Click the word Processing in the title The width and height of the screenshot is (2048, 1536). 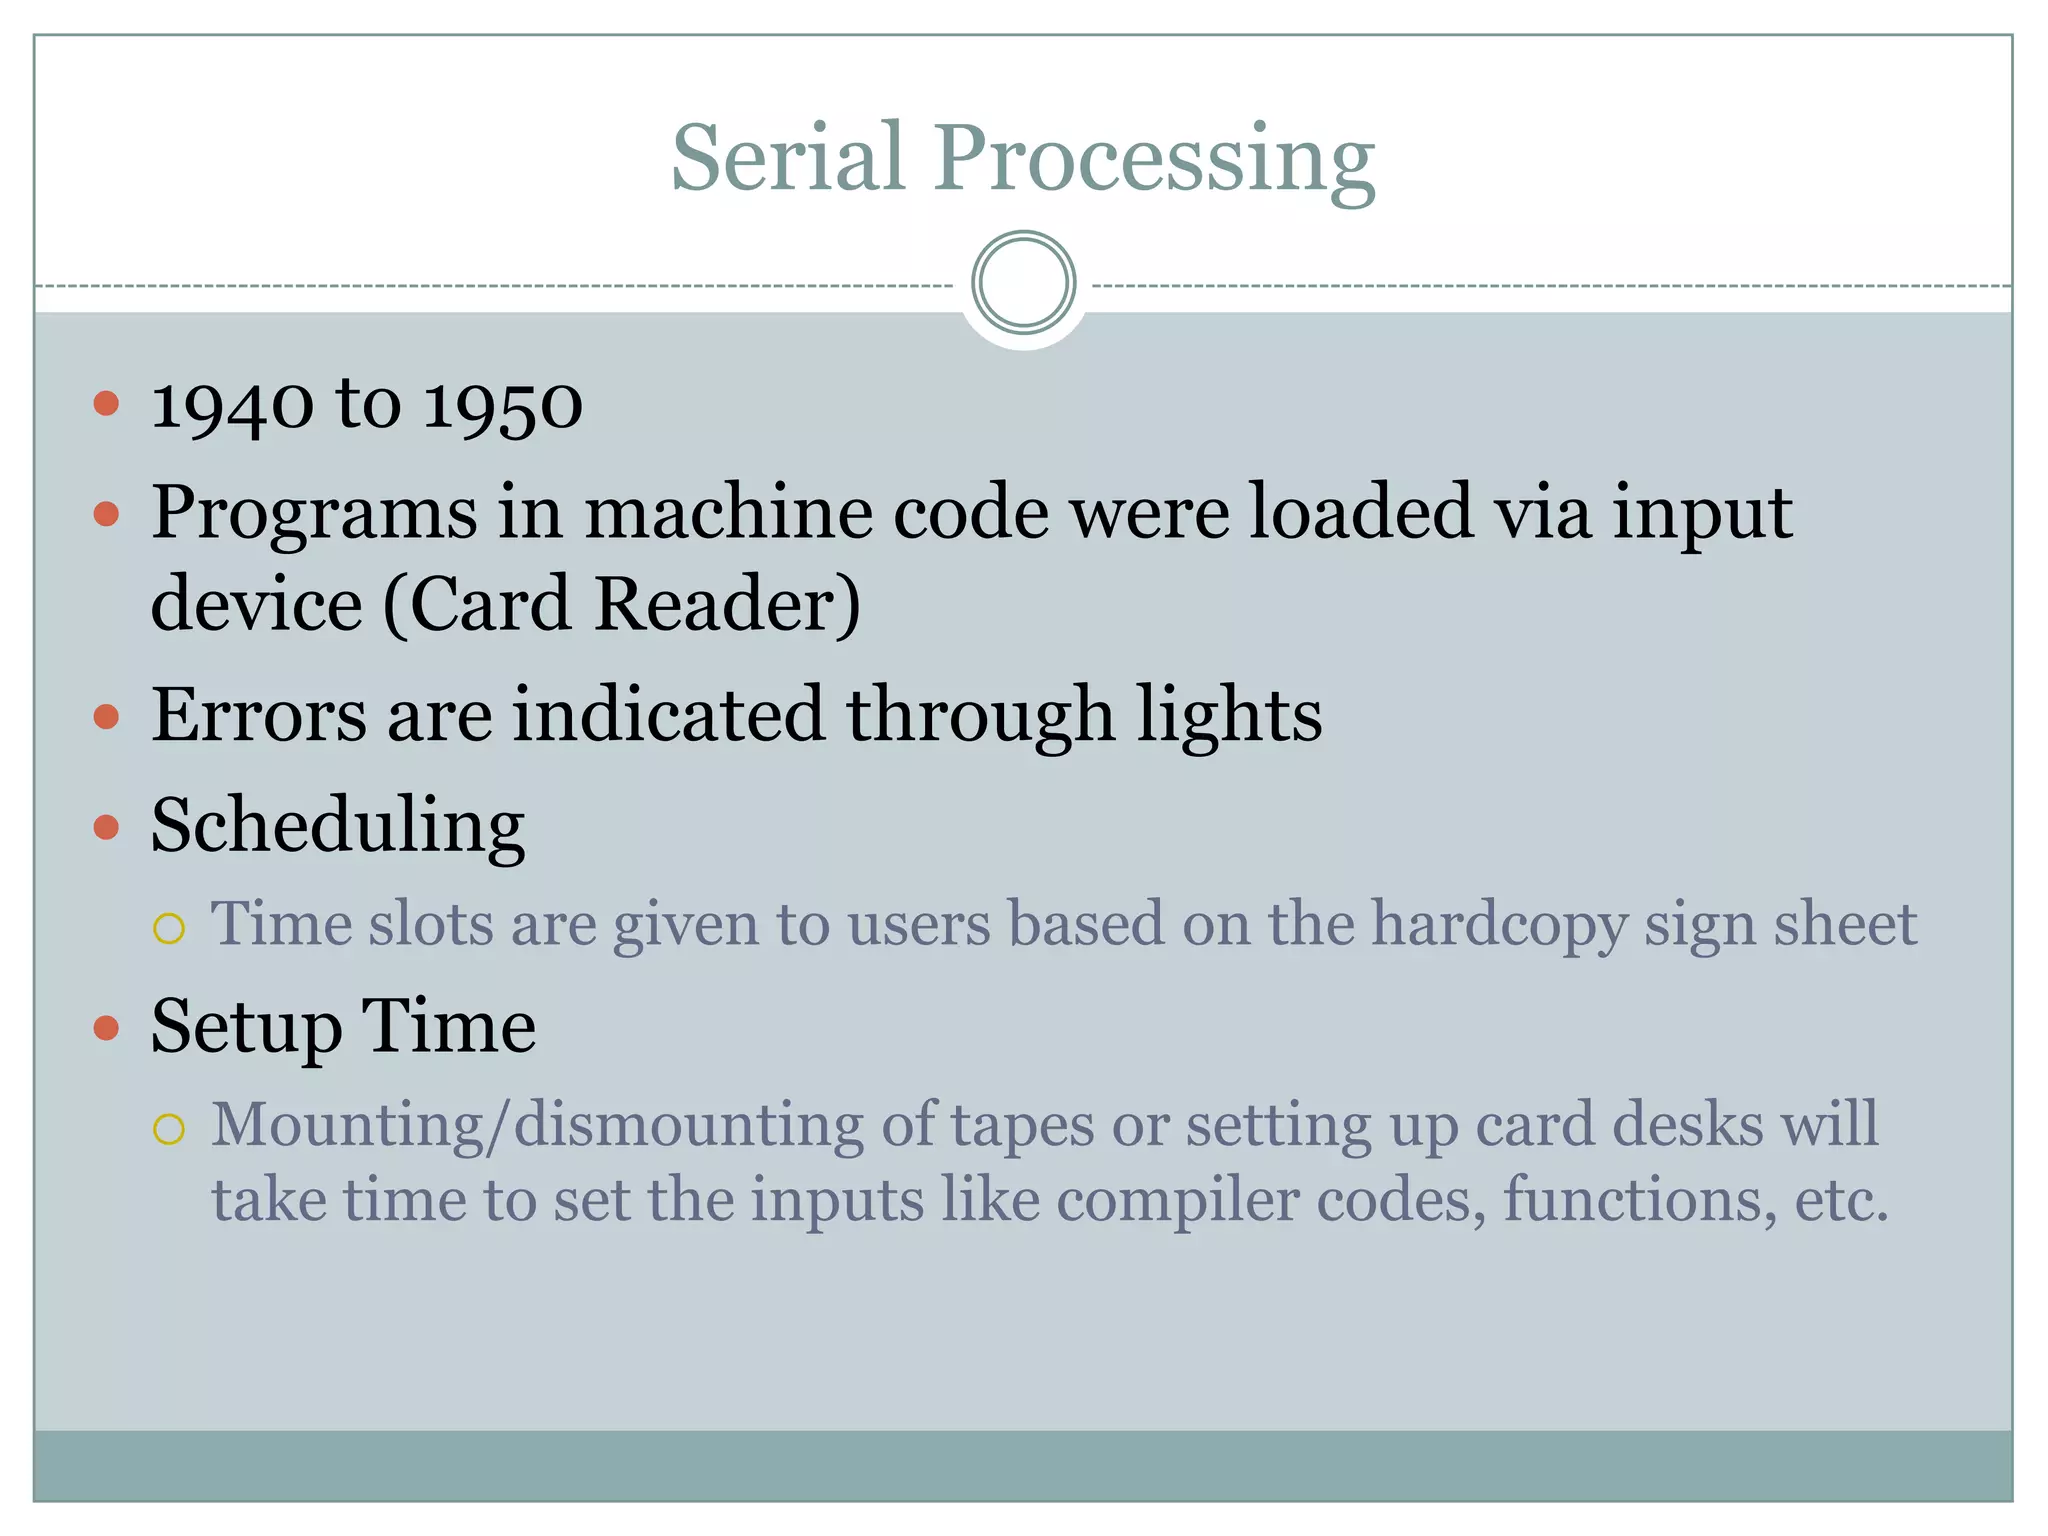click(1155, 160)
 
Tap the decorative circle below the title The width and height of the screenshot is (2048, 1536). click(1023, 283)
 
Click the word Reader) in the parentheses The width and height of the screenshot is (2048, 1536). click(727, 604)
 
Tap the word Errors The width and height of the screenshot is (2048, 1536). click(259, 715)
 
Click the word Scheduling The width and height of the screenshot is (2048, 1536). click(338, 828)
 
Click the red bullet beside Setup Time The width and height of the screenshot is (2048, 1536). click(106, 1028)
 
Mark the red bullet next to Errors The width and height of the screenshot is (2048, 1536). click(106, 716)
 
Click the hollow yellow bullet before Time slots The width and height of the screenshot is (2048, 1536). click(169, 928)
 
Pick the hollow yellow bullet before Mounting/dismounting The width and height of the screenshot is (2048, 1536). click(169, 1130)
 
